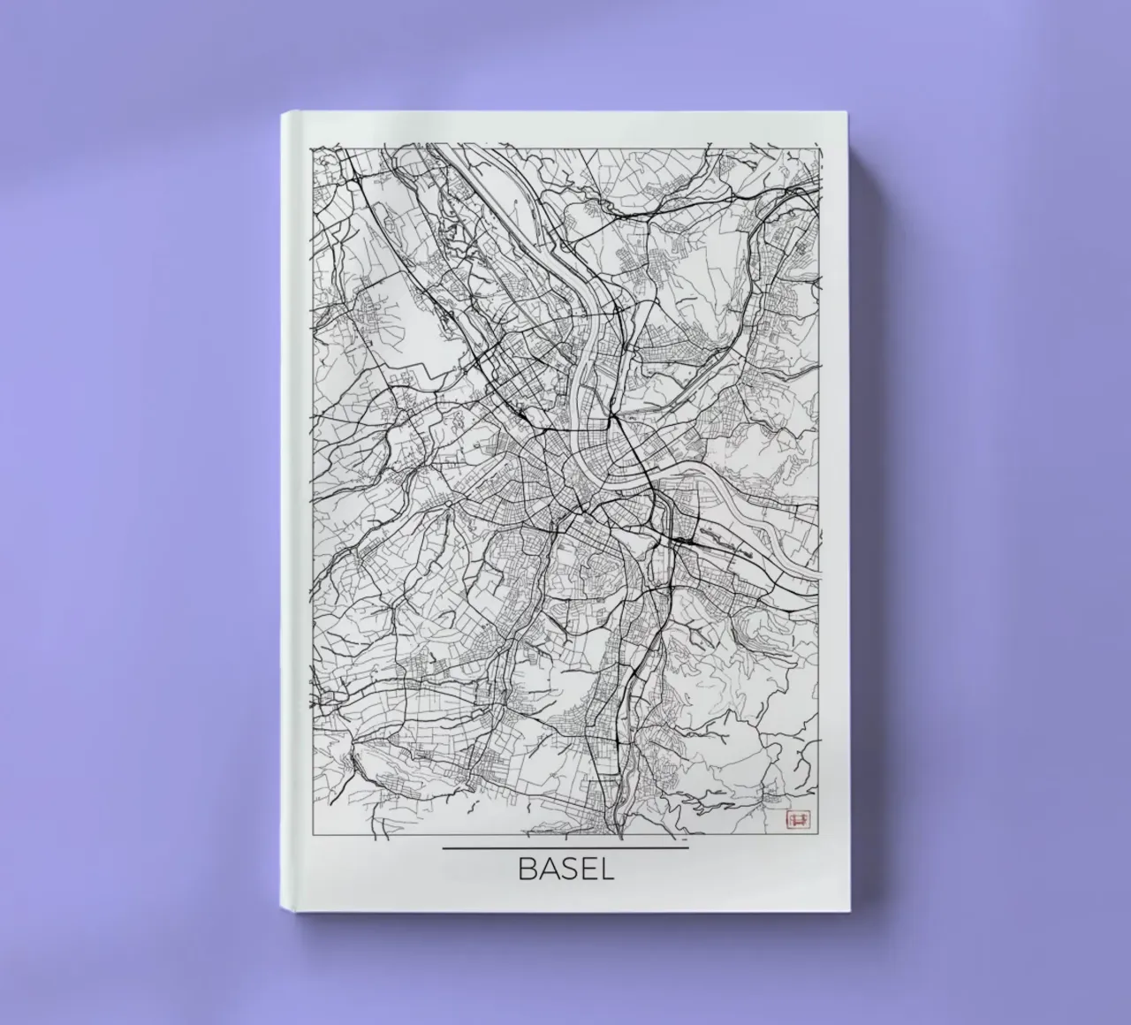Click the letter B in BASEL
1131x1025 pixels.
coord(527,869)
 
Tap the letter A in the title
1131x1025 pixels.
coord(546,869)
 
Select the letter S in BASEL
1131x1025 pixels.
coord(566,869)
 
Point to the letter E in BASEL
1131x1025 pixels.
coord(586,869)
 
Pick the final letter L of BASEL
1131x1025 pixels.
coord(605,869)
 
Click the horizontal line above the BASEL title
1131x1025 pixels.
coord(565,848)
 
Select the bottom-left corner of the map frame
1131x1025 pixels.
coord(309,835)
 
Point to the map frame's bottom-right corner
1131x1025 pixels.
coord(823,835)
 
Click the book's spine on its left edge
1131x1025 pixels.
coord(286,512)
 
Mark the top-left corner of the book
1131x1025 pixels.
coord(283,112)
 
